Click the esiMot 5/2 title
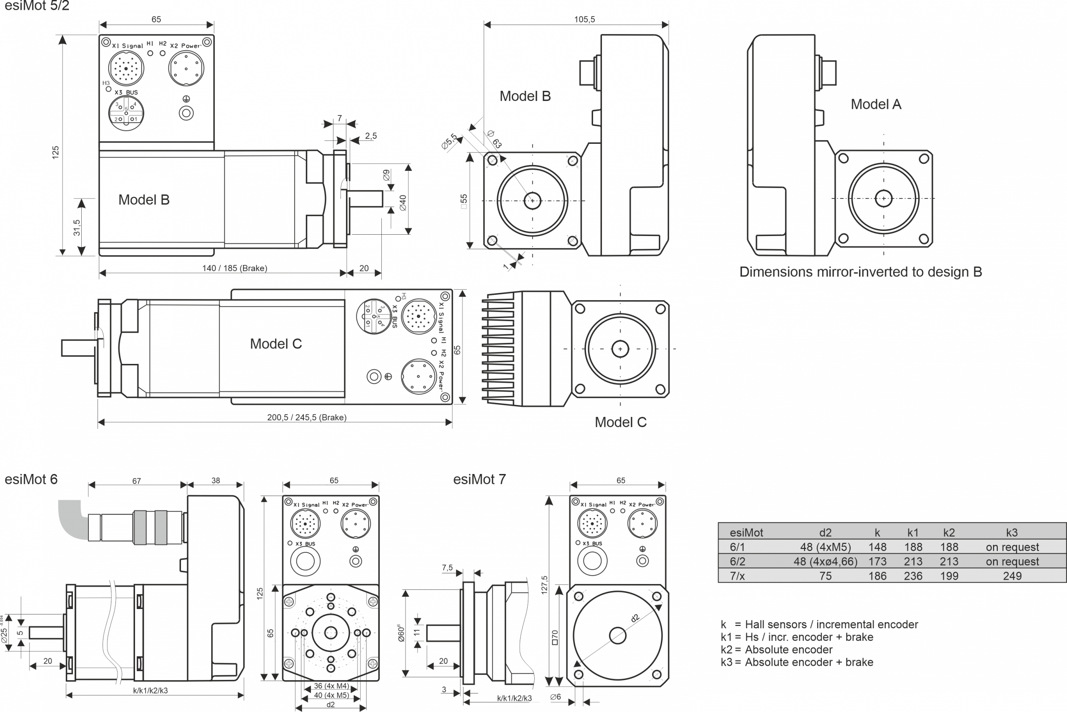point(37,6)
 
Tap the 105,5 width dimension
point(584,20)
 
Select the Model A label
point(876,105)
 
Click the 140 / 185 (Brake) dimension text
point(234,268)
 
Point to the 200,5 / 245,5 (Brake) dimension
point(306,417)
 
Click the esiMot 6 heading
point(31,480)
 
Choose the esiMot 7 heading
point(479,479)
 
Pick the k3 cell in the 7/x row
point(1012,576)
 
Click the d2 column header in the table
point(825,533)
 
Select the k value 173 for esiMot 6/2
point(877,562)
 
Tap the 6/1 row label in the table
point(737,547)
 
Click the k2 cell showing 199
point(949,576)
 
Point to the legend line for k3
point(797,662)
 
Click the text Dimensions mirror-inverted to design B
point(860,272)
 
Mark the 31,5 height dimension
point(77,228)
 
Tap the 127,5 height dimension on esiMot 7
point(544,585)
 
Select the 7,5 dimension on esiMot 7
point(447,568)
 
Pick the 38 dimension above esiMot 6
point(215,480)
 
